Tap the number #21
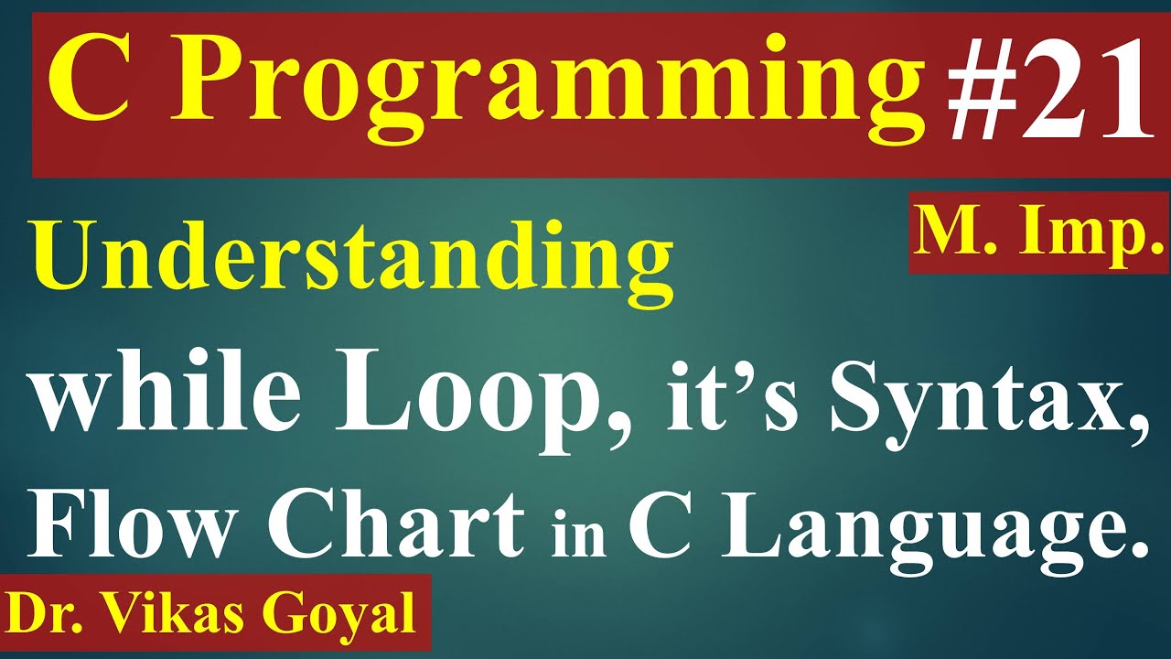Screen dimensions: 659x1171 click(x=1046, y=92)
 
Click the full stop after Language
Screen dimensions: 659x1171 click(x=1138, y=549)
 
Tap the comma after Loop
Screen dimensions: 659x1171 click(x=628, y=430)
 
